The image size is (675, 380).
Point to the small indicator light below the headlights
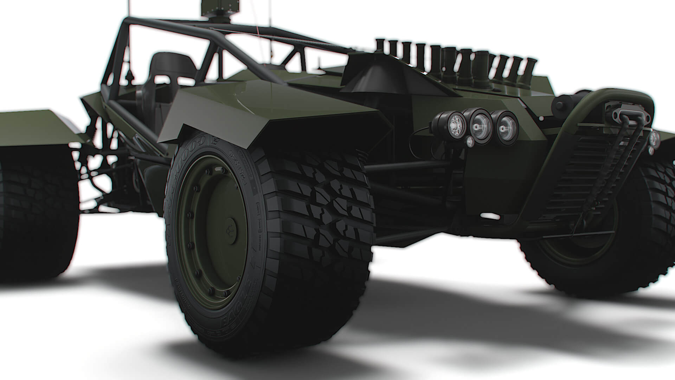[469, 142]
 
